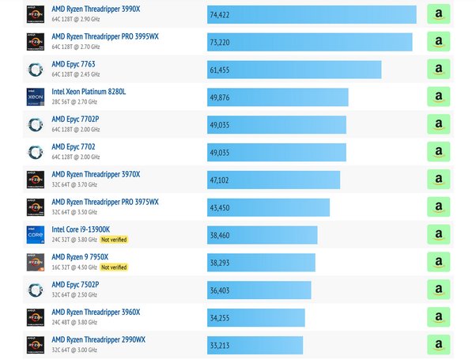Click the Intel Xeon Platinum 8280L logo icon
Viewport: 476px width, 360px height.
click(35, 97)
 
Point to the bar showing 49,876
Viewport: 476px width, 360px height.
click(278, 97)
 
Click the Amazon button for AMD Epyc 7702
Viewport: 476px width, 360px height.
click(438, 152)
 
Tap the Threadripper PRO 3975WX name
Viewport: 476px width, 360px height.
click(105, 202)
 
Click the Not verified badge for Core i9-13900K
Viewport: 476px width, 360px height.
click(114, 240)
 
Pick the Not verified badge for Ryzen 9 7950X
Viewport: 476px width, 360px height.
click(114, 267)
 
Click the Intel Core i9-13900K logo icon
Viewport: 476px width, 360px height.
click(35, 234)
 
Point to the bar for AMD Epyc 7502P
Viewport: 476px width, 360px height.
click(259, 290)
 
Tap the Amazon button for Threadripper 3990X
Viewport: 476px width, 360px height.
click(438, 15)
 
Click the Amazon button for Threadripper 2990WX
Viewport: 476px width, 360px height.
click(438, 345)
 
